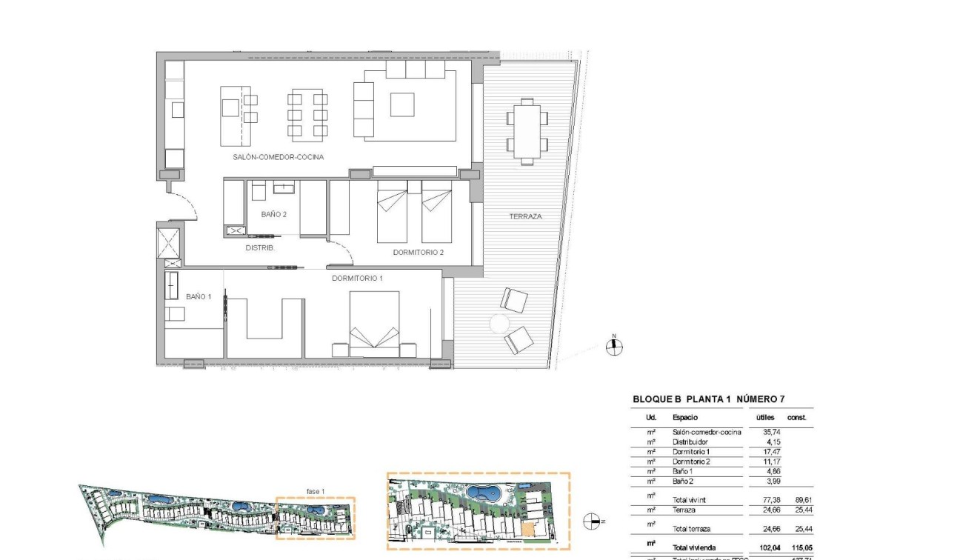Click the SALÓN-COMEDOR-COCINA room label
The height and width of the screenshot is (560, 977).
coord(279,157)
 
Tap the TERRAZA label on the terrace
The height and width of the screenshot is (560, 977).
coord(525,216)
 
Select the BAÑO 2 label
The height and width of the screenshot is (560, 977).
coord(273,214)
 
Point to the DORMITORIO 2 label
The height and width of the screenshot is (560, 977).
coord(418,253)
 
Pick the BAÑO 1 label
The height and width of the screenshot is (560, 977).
coord(199,296)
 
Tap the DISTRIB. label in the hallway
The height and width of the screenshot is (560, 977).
coord(260,248)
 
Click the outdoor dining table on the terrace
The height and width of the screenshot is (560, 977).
coord(527,131)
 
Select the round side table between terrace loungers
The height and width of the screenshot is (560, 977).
coord(498,324)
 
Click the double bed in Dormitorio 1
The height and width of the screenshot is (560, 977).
coord(374,319)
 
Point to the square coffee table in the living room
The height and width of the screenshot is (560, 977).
coord(402,104)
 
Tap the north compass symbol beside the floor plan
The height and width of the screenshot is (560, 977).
coord(613,347)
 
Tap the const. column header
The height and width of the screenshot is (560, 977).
coord(796,418)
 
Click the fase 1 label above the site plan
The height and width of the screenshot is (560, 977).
coord(316,491)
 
